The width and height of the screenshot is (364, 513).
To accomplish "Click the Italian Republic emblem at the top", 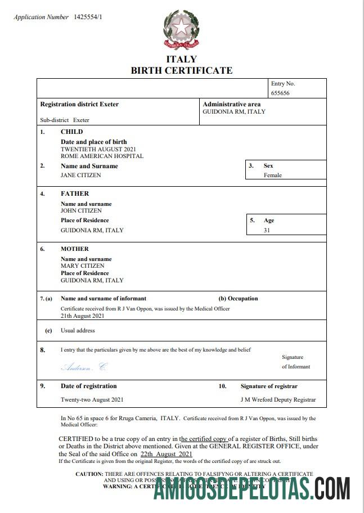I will tap(181, 30).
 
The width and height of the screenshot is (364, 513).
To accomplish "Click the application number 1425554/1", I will tap(88, 17).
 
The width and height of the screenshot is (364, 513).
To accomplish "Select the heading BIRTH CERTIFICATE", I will tap(181, 70).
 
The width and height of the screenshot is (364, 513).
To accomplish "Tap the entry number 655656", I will tap(280, 93).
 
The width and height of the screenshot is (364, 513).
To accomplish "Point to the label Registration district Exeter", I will tap(79, 104).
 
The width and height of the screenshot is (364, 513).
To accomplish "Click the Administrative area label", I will tap(231, 104).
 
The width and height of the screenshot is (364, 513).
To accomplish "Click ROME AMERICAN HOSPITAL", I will tap(102, 156).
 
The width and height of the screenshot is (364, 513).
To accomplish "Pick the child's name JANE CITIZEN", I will tap(81, 175).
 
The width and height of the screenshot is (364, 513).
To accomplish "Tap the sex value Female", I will tap(273, 175).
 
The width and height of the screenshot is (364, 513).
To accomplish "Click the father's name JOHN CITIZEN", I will tap(82, 210).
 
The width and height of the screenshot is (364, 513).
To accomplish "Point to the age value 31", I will tap(267, 230).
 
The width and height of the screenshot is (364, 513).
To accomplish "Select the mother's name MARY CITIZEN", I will tap(83, 265).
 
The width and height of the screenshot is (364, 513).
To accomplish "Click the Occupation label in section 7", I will tap(238, 299).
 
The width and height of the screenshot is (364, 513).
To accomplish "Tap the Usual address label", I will tap(78, 331).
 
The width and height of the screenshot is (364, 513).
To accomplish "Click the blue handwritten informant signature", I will tap(83, 367).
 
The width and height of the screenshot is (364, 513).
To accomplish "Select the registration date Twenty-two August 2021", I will tap(92, 400).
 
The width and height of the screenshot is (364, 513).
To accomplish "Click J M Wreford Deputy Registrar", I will tap(278, 400).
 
